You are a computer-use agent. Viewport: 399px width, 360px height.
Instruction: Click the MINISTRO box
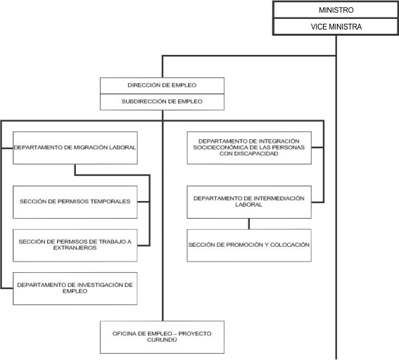tap(336, 10)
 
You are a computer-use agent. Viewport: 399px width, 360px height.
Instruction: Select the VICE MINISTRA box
tap(336, 27)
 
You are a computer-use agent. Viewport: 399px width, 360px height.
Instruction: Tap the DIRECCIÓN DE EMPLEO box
tap(162, 86)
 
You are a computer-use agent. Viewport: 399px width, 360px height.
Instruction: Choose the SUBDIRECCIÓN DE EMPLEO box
tap(162, 102)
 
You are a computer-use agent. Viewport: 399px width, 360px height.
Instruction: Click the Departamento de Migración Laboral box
tap(75, 148)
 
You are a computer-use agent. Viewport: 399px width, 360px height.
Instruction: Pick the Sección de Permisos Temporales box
tap(75, 202)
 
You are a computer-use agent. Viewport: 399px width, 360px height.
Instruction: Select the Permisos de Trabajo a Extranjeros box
tap(75, 245)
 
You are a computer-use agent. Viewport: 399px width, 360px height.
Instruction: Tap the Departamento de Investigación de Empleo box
tap(75, 288)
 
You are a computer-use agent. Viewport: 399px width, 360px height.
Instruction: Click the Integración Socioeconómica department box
tap(249, 148)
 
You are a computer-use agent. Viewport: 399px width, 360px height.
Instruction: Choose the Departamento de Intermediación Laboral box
tap(249, 202)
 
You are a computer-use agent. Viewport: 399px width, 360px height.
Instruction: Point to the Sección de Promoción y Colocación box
tap(249, 245)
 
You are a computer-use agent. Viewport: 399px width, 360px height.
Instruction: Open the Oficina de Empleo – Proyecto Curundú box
tap(162, 337)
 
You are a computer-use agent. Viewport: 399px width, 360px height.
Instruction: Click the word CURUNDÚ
tap(162, 340)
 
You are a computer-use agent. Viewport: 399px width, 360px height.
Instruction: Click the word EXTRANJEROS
tap(75, 248)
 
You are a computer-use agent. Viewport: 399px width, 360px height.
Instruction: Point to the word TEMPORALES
tap(110, 201)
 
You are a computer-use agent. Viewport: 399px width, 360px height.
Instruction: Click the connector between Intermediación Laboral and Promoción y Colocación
tap(249, 224)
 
